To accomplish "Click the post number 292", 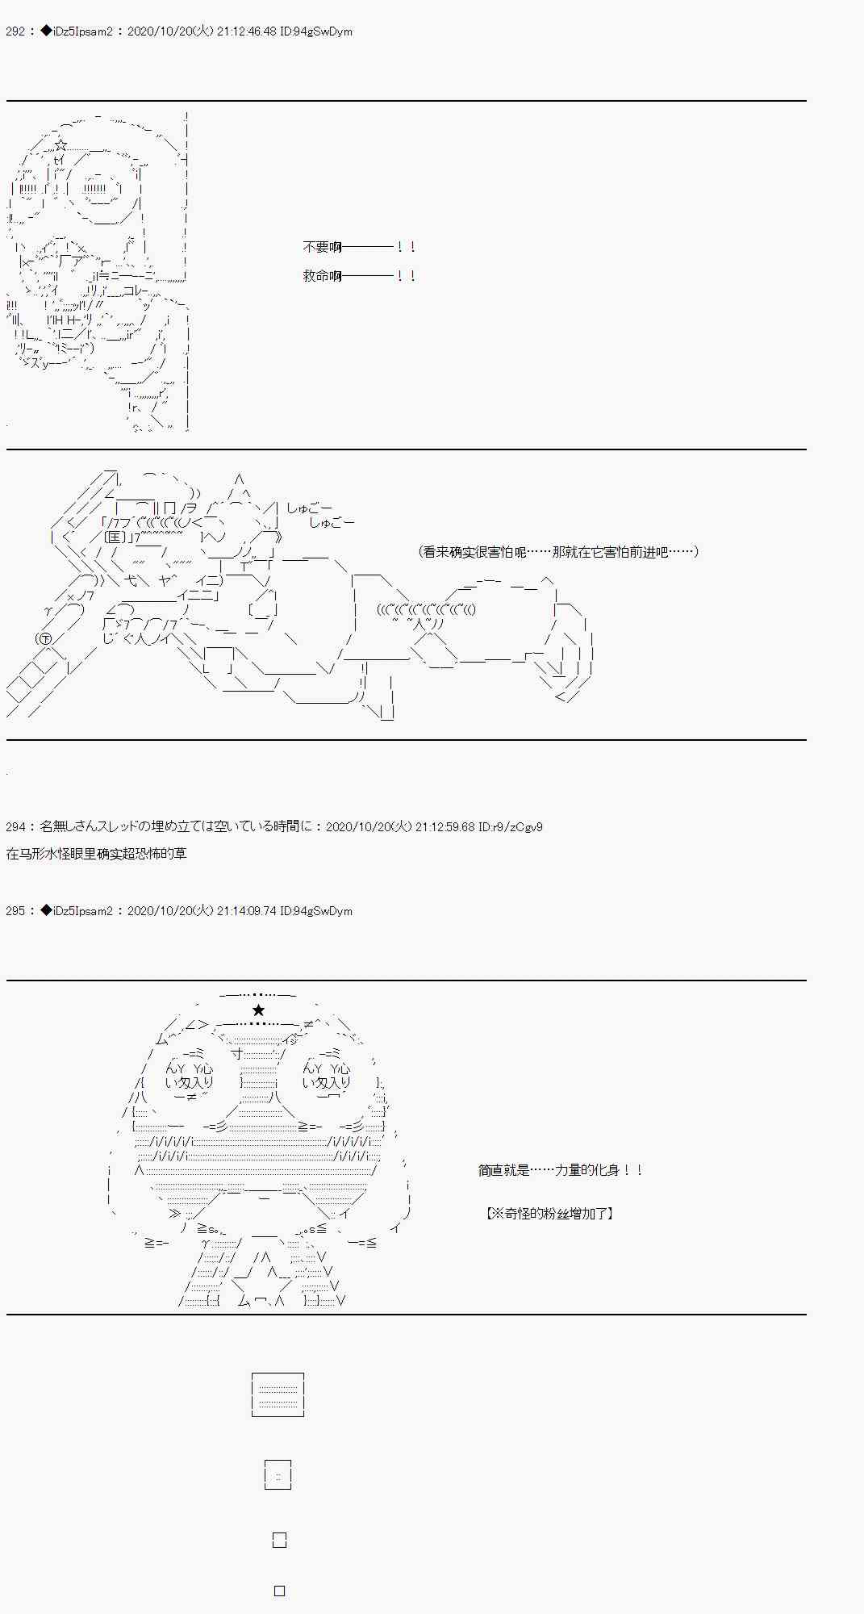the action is (15, 32).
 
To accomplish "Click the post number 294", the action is (15, 827).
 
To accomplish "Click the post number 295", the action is (15, 911).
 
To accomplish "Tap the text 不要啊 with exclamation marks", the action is (359, 248).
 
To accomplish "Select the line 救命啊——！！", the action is (359, 276).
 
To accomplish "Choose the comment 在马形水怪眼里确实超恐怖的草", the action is (97, 854).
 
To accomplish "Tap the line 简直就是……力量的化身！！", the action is (560, 1170).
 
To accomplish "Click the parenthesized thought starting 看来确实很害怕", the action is (558, 552).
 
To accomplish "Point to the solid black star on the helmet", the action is (258, 1010).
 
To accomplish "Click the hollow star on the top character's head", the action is (61, 145).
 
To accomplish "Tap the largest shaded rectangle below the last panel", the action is (278, 1394).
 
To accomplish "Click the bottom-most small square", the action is (279, 1591).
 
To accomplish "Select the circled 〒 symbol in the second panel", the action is (43, 639).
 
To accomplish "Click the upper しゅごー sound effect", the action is (309, 508).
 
